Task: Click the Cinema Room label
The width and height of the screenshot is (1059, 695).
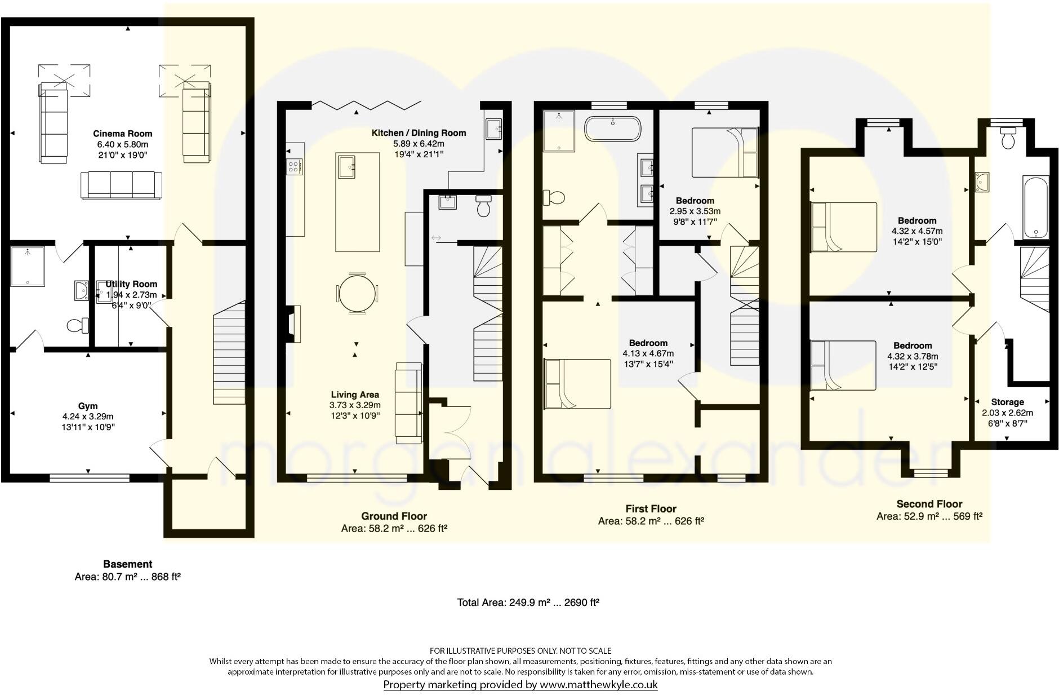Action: click(x=122, y=134)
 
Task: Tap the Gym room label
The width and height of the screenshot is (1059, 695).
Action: click(x=88, y=406)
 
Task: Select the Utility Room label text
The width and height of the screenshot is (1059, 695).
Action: click(x=131, y=284)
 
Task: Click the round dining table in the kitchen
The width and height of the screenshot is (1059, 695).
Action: click(x=357, y=293)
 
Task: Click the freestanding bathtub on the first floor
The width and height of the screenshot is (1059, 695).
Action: click(x=612, y=129)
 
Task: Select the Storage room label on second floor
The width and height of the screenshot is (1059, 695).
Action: click(x=1007, y=402)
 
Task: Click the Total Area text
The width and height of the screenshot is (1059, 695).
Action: click(x=528, y=603)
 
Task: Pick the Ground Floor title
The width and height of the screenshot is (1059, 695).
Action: click(x=394, y=516)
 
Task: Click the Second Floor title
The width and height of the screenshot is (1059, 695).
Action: click(x=929, y=504)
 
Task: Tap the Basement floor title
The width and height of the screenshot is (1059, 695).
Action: click(x=127, y=564)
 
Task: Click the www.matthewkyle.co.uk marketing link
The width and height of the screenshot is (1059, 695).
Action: click(x=598, y=685)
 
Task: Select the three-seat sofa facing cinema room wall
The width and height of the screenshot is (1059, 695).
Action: click(x=122, y=185)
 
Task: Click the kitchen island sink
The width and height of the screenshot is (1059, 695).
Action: click(x=347, y=166)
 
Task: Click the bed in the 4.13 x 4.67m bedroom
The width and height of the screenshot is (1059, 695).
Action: click(x=577, y=384)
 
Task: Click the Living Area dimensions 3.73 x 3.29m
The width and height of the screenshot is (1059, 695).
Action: click(x=355, y=405)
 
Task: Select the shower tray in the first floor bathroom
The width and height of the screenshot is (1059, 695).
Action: click(x=559, y=131)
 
